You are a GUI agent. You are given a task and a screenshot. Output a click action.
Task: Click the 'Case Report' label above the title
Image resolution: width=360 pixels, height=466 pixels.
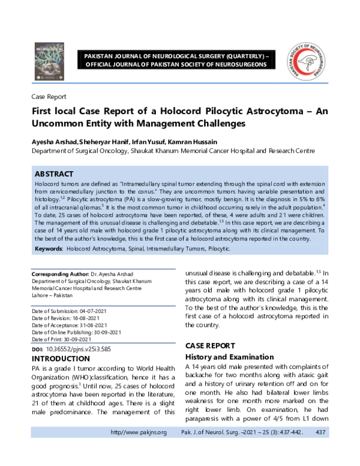(49, 97)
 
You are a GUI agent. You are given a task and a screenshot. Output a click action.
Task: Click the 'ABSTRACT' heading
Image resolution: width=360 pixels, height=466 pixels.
(54, 174)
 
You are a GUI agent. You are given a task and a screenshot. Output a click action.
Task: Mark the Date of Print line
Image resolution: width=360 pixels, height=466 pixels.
(68, 339)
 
